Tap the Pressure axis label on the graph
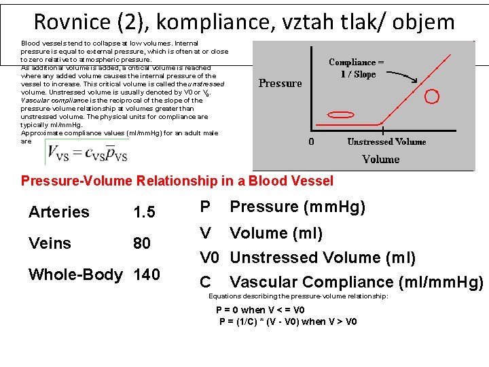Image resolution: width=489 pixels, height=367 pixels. [280, 84]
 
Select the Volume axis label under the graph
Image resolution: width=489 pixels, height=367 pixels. [380, 159]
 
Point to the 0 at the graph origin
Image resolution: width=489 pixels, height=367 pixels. [311, 142]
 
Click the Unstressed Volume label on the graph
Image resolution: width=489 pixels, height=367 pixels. [386, 142]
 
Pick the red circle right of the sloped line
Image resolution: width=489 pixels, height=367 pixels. [431, 97]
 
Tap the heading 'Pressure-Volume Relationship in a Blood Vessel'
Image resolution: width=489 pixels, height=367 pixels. [177, 181]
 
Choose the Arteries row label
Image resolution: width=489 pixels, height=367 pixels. [59, 212]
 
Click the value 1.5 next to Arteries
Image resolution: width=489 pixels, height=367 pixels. [145, 212]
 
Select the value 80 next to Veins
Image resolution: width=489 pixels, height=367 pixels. [142, 243]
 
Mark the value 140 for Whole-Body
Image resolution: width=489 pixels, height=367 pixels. [147, 275]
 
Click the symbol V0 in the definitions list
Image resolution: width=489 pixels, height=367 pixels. [209, 258]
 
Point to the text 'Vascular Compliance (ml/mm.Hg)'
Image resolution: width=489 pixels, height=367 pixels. [356, 282]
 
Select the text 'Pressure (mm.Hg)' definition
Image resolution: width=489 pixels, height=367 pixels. [298, 207]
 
